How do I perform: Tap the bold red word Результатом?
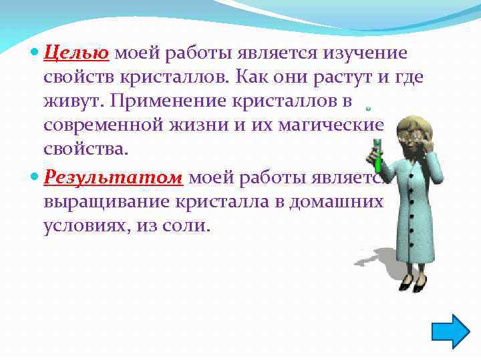(114, 178)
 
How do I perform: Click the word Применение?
(158, 102)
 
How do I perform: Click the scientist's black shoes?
(411, 285)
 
